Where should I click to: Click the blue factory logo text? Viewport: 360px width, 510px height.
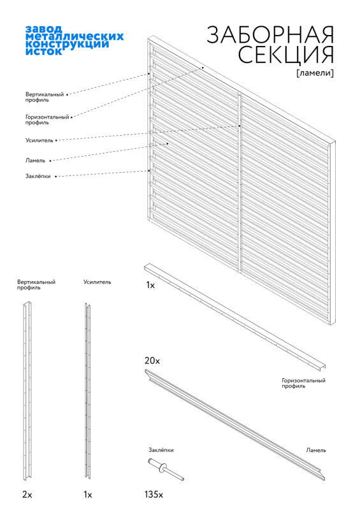tap(75, 40)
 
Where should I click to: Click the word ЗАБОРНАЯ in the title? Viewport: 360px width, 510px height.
tap(270, 34)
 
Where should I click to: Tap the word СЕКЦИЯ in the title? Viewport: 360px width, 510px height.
tap(286, 55)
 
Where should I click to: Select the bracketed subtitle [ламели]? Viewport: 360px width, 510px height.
tap(315, 73)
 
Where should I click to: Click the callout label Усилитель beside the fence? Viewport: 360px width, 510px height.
tap(39, 140)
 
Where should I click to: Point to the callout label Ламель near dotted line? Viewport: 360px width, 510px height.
tap(35, 161)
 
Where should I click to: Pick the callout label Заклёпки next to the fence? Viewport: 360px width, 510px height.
tap(38, 176)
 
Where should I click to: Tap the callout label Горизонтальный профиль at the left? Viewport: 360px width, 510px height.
tap(47, 119)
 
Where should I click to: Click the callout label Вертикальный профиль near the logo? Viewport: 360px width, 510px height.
tap(45, 97)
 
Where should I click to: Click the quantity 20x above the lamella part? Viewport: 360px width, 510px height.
tap(152, 361)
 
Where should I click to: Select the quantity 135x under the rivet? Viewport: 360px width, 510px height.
tap(154, 495)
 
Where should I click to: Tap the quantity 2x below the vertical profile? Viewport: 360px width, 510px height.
tap(27, 495)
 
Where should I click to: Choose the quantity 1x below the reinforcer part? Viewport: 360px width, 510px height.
tap(88, 495)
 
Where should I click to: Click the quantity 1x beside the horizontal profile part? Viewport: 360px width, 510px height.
tap(150, 285)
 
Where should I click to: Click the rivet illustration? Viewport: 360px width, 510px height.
tap(166, 469)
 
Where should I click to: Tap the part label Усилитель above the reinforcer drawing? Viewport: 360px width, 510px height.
tap(97, 282)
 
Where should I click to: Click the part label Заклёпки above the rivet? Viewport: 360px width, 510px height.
tap(161, 450)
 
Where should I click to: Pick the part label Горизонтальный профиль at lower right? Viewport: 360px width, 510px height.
tap(303, 383)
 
